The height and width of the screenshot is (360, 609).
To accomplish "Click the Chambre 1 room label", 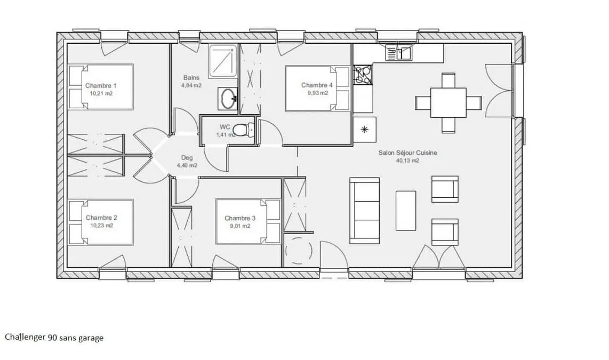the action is coord(101,85).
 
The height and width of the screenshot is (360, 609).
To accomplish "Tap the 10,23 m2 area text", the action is coord(102,225).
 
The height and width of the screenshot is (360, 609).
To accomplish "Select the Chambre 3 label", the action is coord(240,218).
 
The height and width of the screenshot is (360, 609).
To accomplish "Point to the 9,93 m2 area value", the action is coord(318,93).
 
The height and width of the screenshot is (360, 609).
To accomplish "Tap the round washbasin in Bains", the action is coord(228,99).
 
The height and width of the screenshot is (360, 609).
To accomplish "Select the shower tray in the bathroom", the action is coord(222,61).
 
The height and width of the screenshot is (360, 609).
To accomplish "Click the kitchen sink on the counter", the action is coord(399,53).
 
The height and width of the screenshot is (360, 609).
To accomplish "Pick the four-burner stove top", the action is coord(363,75).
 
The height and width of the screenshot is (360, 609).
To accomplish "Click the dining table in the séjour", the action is coord(448,102).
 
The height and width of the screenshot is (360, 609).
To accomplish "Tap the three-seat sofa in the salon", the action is coord(364,211).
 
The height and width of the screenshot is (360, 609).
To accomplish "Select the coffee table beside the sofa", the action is coord(406,211).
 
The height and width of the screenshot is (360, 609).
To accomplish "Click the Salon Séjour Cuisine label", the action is coord(408,153).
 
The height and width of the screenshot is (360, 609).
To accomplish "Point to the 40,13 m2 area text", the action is coord(407,161).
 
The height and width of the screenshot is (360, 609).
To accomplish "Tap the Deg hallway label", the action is coord(187,158).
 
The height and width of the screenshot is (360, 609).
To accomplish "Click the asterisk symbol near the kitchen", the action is coord(364,129).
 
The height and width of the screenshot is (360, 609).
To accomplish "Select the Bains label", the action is coord(191,78).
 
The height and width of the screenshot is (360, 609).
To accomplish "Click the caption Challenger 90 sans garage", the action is coord(54,337).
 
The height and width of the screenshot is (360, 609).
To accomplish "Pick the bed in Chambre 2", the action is coord(101,222).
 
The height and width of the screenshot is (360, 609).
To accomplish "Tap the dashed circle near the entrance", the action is coord(299,251).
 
